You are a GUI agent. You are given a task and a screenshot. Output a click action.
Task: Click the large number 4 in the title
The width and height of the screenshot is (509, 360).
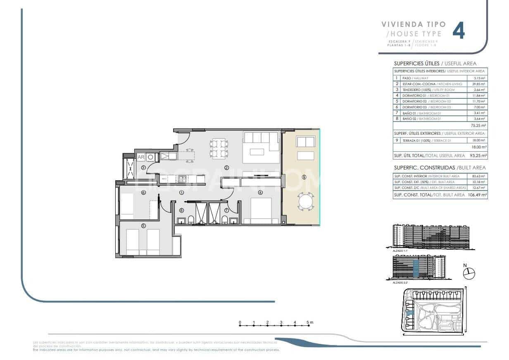459,31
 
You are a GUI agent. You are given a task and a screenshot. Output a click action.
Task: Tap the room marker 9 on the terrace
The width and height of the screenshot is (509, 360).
304,177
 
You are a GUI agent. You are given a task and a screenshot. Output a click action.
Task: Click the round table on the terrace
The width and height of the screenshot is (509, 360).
306,202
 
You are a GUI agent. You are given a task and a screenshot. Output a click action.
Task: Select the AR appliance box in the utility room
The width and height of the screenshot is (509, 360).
141,157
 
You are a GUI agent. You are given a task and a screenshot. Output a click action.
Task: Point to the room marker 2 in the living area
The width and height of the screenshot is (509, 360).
226,168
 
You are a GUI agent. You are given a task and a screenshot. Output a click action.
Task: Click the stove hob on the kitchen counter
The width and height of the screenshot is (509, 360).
181,179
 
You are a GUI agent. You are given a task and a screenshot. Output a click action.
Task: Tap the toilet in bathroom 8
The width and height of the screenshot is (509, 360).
191,219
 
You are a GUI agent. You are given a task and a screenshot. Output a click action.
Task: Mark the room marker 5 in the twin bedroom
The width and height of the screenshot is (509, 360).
143,226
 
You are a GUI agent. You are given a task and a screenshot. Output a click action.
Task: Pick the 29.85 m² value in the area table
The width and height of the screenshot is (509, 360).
477,84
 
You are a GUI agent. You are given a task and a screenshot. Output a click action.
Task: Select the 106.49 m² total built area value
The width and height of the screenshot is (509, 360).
476,195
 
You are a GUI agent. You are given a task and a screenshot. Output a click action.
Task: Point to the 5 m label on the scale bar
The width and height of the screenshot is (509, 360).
309,322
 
